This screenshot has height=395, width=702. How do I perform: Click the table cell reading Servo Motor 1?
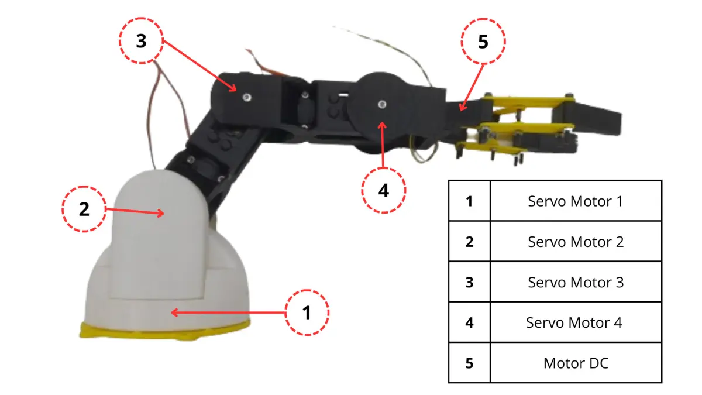pyautogui.click(x=576, y=201)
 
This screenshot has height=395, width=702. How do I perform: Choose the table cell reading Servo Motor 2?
pyautogui.click(x=576, y=241)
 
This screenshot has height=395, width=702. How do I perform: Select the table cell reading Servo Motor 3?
pyautogui.click(x=576, y=282)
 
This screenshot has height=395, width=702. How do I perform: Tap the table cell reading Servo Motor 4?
pyautogui.click(x=576, y=322)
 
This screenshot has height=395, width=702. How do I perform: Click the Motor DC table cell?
pyautogui.click(x=576, y=363)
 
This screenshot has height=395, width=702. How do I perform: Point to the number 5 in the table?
pyautogui.click(x=469, y=363)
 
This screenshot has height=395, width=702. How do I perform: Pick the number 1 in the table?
pyautogui.click(x=469, y=201)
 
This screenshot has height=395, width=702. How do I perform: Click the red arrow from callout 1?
pyautogui.click(x=228, y=312)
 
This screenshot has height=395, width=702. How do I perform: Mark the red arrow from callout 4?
pyautogui.click(x=383, y=145)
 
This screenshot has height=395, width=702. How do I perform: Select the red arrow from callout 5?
pyautogui.click(x=472, y=88)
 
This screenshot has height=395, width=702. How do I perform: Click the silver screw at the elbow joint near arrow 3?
pyautogui.click(x=247, y=98)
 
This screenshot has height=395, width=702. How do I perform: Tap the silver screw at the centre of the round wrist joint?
pyautogui.click(x=382, y=104)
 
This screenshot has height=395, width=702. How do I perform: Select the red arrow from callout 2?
pyautogui.click(x=135, y=211)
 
